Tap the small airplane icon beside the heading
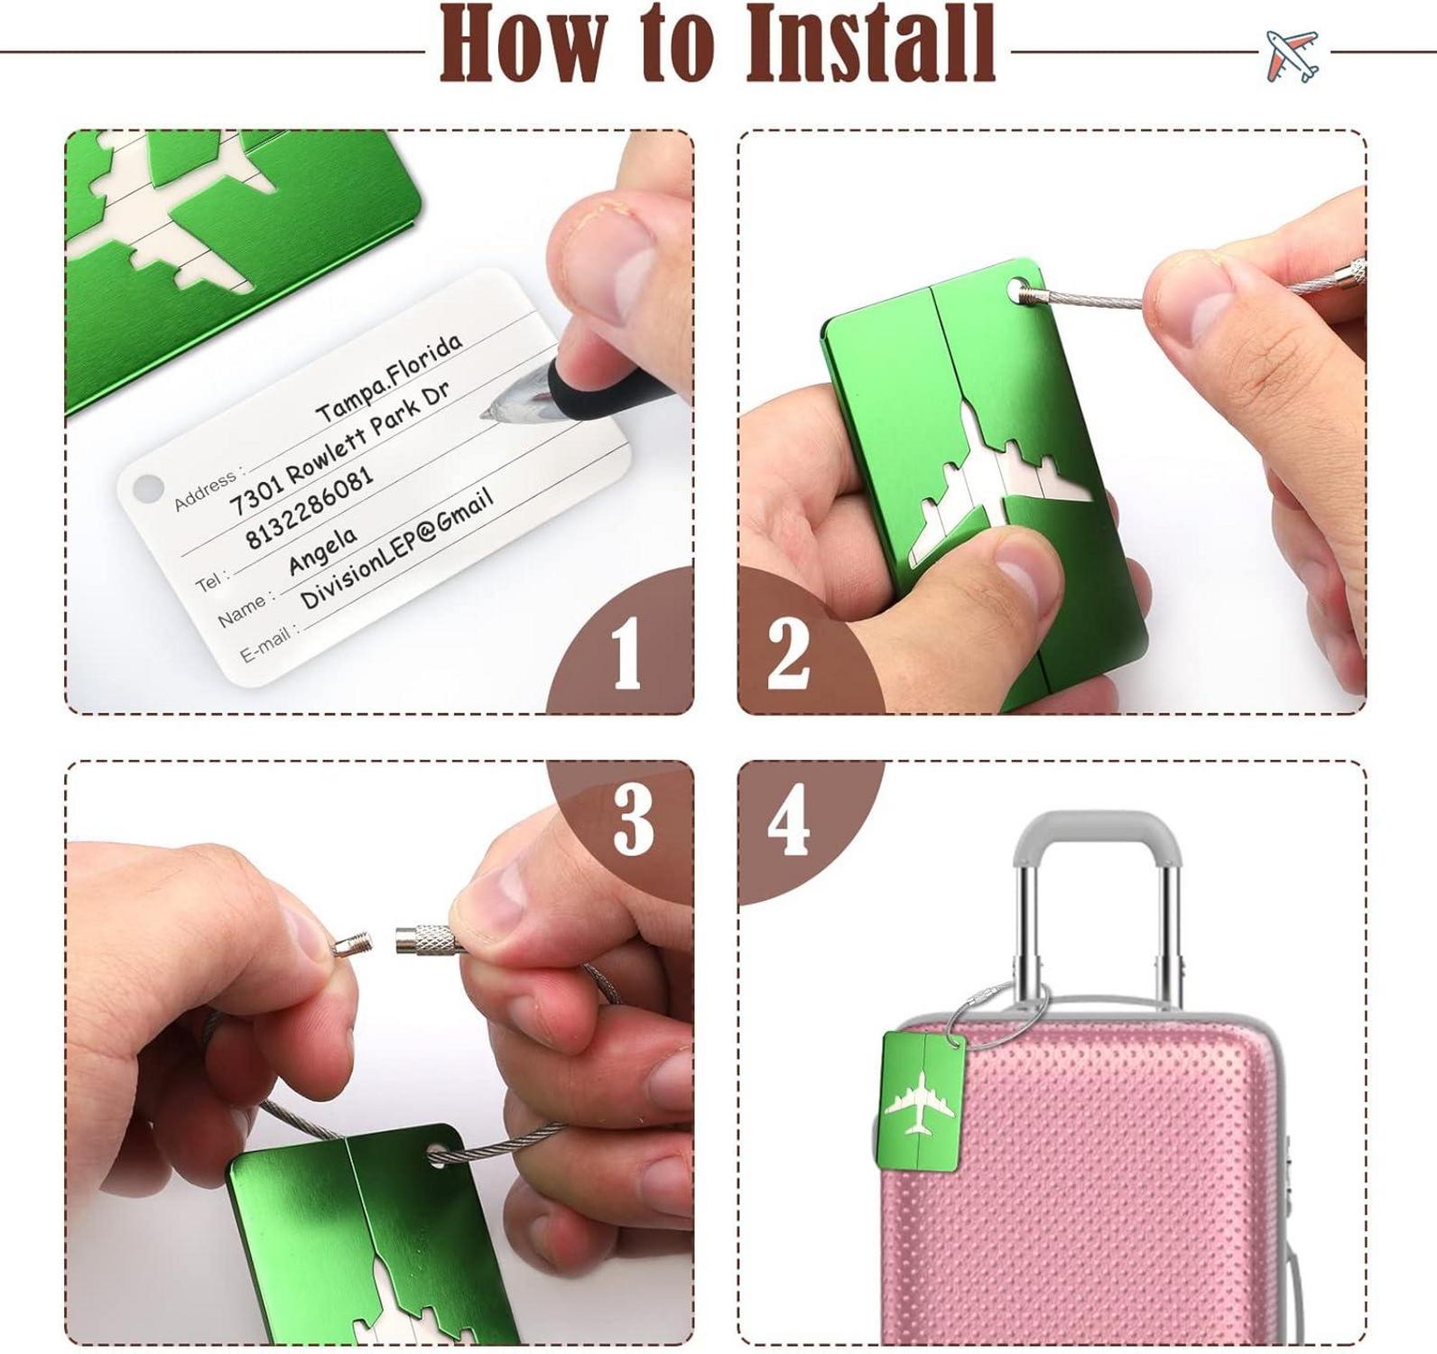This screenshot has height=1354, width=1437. coord(1292,55)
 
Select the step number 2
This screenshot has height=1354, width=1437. coord(788,654)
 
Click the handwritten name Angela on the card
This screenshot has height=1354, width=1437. coord(321,551)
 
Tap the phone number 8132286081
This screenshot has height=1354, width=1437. coord(309,507)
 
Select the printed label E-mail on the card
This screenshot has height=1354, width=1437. coord(268,644)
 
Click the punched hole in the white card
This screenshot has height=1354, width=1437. coord(145,488)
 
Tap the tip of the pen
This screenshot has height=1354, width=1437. coord(485,414)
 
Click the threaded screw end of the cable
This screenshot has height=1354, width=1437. coord(351,945)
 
